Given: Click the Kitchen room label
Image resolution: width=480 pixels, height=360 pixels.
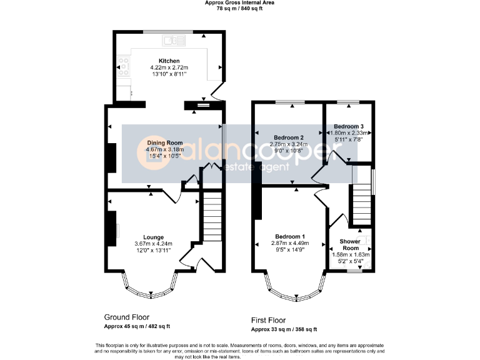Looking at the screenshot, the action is pos(169,61).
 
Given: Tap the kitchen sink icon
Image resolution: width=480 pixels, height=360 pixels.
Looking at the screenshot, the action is pos(174,41).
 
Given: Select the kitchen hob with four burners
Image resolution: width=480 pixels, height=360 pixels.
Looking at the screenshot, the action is pos(123,66).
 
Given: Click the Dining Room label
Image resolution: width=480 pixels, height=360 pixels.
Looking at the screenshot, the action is pos(165,142).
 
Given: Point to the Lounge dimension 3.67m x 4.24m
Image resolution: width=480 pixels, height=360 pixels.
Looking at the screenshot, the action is pos(153,244).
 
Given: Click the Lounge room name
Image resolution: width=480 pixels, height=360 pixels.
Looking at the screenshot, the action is pos(153,237).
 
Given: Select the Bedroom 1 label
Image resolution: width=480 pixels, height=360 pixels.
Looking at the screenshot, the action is pos(290,237).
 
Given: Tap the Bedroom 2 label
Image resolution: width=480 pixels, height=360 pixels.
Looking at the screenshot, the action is pos(289,137).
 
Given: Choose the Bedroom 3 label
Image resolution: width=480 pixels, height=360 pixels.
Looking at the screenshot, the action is pos(349,126).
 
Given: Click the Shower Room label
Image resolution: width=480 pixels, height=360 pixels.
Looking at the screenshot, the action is pos(350,244).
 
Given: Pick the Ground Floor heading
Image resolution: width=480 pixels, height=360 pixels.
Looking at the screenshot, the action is pos(127,317).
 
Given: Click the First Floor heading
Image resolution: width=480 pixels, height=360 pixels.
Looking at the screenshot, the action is pos(269,321).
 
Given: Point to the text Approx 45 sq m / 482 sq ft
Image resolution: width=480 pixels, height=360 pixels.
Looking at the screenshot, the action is pos(137,326).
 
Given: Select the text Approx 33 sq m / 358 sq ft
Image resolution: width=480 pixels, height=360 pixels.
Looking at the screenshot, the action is pos(284,329).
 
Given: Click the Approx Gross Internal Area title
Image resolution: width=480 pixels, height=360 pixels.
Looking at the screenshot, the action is pos(240,2).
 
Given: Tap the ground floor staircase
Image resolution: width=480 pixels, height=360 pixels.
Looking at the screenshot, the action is pos(212,216).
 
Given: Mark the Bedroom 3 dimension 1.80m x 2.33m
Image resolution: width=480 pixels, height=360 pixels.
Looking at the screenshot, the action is pos(349,133).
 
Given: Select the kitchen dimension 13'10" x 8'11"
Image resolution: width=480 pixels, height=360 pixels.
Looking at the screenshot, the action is pos(169,74).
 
